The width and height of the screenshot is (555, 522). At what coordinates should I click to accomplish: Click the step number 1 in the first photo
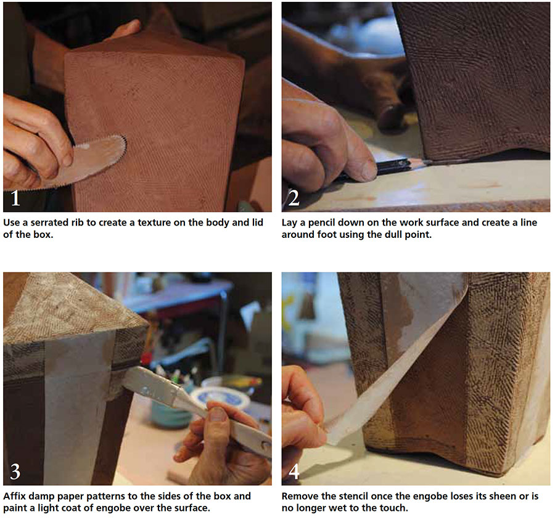(15, 198)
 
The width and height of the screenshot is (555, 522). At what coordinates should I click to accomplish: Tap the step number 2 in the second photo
(294, 198)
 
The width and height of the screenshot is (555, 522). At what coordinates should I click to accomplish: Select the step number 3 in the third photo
(15, 471)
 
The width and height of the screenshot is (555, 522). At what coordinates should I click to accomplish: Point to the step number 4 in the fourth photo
(294, 471)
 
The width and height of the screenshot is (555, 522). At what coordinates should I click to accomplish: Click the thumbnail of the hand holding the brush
(217, 414)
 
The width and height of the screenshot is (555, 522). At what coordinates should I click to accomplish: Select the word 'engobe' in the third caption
(135, 508)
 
